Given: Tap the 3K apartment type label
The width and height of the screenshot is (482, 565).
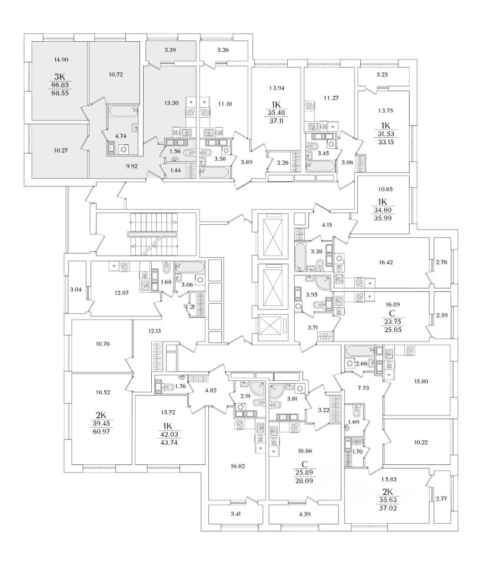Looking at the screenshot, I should click(58, 77).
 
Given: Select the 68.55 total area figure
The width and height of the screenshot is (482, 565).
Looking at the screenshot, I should click(58, 93).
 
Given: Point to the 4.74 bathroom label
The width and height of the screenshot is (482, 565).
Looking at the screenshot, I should click(122, 136).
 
